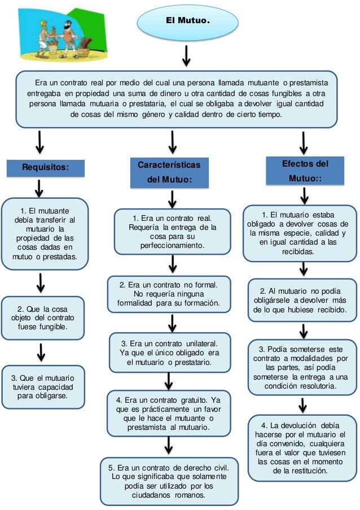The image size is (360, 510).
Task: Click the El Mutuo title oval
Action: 187,21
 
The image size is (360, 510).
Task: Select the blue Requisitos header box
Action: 46,168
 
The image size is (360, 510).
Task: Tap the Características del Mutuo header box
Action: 169,172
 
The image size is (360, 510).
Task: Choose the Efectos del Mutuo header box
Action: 305,171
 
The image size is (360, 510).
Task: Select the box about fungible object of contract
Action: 43,317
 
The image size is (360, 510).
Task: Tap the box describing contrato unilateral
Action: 170,352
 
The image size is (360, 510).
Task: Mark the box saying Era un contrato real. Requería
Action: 172,232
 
